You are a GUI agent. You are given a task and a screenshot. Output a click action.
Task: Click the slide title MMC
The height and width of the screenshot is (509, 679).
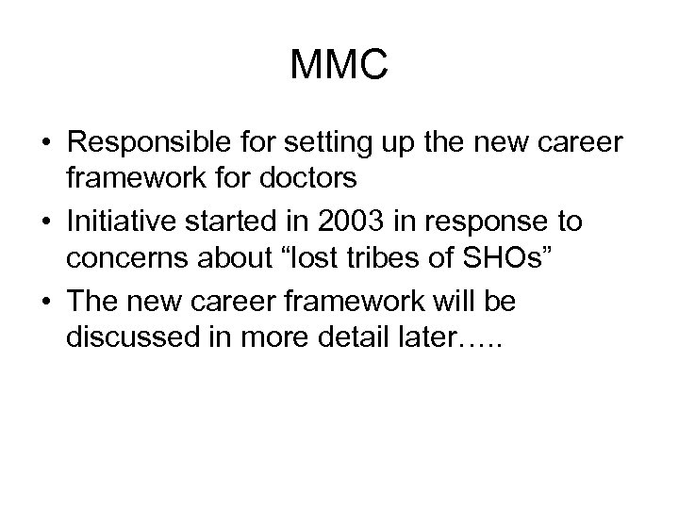point(339,66)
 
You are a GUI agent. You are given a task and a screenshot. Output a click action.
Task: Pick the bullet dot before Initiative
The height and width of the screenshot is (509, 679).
point(45,222)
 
